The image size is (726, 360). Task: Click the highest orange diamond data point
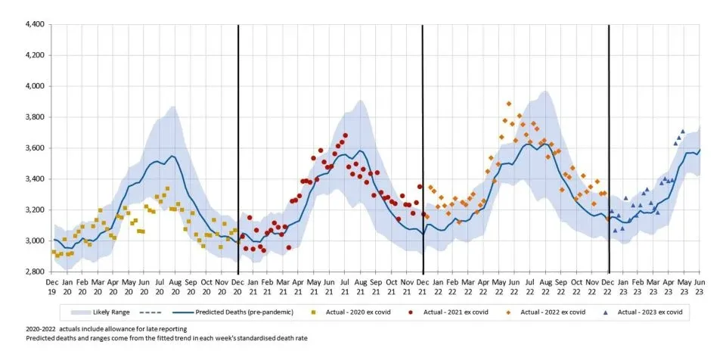(x=509, y=104)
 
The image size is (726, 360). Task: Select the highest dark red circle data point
(x=345, y=136)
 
